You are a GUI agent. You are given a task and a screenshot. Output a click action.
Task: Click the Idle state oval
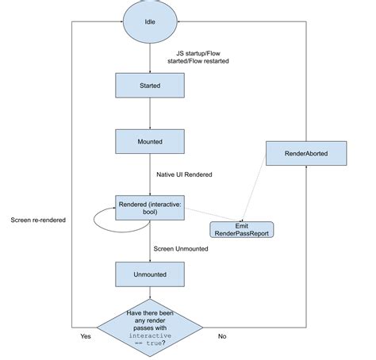[x=150, y=21]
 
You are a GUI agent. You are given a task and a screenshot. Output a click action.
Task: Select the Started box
[x=150, y=85]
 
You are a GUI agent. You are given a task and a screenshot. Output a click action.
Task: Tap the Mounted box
[x=150, y=141]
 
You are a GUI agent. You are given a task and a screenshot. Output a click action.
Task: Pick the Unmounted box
[x=150, y=274]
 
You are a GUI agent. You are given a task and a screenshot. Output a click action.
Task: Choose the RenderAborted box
[x=305, y=152]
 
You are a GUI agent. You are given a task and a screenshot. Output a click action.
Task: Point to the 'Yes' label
[x=86, y=336]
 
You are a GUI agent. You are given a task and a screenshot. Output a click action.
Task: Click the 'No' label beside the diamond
[x=222, y=336]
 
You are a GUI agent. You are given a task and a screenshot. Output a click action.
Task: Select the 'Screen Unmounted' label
[x=182, y=248]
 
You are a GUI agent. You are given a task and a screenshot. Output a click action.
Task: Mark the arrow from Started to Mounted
[x=150, y=113]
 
